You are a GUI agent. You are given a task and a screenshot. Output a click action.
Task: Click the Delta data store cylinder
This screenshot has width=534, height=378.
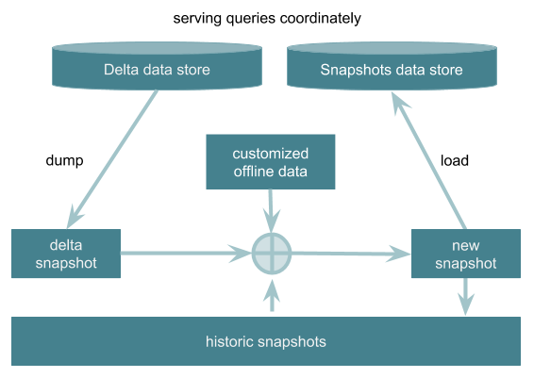(157, 66)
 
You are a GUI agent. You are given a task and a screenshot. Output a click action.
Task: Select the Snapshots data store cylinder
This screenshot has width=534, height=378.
(392, 66)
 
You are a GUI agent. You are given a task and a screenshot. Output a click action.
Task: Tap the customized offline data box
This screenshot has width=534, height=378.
(271, 162)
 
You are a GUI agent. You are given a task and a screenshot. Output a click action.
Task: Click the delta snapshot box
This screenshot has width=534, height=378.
(66, 254)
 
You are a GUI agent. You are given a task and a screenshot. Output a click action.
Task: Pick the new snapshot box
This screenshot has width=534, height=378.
(466, 254)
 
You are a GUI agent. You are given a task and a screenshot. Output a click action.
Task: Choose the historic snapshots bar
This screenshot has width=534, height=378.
(266, 341)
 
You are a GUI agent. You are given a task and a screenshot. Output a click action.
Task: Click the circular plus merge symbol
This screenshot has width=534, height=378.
(272, 254)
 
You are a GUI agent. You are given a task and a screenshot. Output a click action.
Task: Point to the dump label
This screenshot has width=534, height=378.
(64, 160)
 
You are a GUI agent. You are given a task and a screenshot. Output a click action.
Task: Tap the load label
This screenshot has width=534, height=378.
(455, 160)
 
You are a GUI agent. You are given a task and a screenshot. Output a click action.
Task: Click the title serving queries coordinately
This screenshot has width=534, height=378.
(267, 18)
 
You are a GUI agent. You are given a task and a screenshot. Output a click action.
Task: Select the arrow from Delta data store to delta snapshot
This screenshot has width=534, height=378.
(112, 159)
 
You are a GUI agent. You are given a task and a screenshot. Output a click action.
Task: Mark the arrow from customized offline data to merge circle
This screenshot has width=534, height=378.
(271, 211)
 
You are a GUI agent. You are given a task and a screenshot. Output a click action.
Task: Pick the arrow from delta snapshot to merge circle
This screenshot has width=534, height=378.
(186, 254)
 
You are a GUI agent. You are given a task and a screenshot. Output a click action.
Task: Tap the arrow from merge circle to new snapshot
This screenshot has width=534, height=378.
(351, 254)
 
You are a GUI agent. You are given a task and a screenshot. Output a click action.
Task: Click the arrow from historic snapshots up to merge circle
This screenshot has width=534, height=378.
(272, 295)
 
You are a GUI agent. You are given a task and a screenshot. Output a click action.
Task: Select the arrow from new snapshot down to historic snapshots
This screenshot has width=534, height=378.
(465, 297)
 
